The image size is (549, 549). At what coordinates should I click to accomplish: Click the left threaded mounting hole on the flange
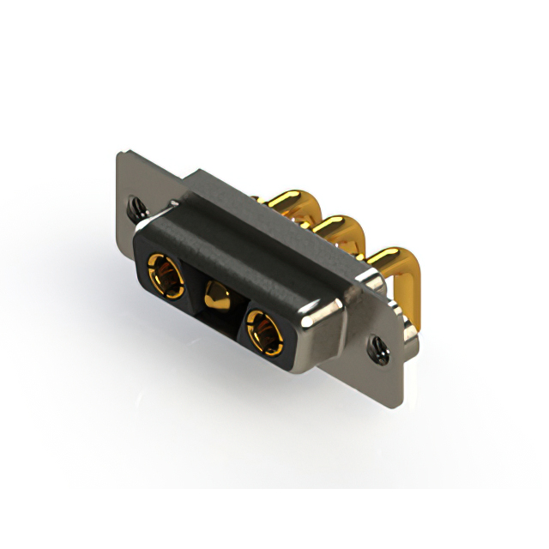point(136,206)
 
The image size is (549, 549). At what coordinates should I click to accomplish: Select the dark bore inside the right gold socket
point(264,330)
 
